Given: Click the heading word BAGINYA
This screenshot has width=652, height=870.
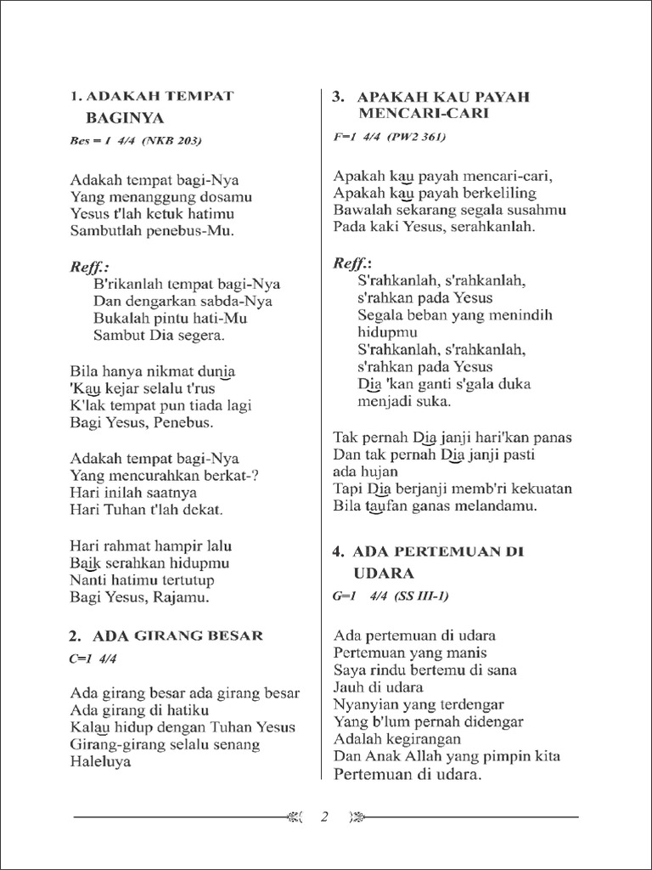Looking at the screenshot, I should click(125, 117).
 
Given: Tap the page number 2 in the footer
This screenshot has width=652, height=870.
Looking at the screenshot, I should click(323, 818).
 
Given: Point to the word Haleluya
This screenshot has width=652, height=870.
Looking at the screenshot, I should click(101, 762).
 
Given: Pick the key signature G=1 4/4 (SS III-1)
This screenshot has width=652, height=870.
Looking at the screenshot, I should click(391, 596).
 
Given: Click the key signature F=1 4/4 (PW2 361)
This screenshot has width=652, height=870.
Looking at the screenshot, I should click(390, 137).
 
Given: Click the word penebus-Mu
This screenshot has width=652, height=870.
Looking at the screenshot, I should click(191, 230).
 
